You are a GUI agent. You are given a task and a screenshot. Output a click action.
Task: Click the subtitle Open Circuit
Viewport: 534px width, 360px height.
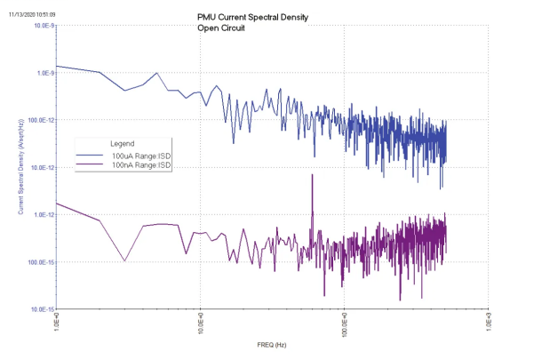(x=222, y=28)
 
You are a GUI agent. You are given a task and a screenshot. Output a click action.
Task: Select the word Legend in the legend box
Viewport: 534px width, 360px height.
(x=123, y=143)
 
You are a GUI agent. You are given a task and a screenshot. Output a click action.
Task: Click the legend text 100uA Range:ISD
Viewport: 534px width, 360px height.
(x=140, y=156)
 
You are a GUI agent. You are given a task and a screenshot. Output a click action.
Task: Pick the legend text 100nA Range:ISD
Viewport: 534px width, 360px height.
(x=140, y=165)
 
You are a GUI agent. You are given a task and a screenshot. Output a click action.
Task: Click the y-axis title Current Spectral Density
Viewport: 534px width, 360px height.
(x=20, y=167)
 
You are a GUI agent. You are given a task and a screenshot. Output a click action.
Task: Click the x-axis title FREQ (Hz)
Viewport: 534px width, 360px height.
(x=272, y=342)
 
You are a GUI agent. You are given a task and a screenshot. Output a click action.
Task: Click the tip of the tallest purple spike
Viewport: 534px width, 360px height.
(x=313, y=175)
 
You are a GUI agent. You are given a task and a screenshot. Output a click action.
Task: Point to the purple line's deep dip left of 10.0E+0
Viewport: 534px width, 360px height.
(x=124, y=260)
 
